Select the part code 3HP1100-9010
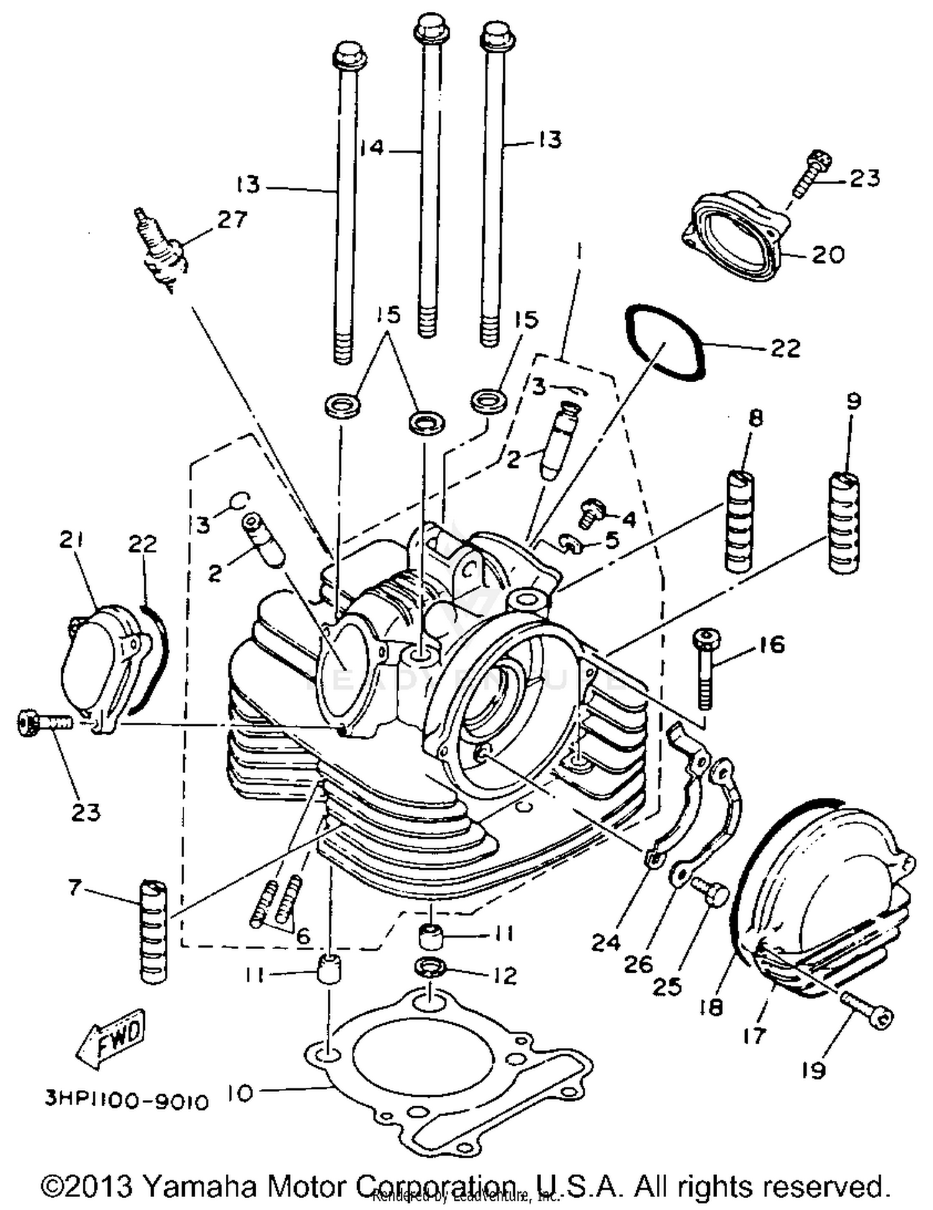point(126,1101)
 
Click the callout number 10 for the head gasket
point(240,1093)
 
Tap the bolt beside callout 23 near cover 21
point(45,723)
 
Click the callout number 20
point(828,255)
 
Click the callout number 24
point(606,942)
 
